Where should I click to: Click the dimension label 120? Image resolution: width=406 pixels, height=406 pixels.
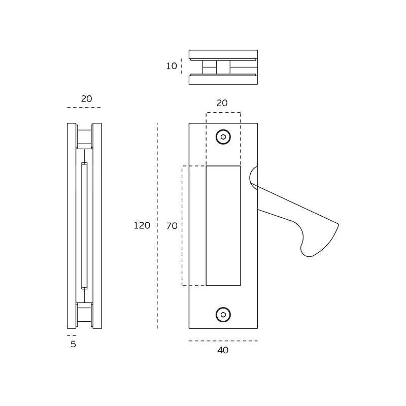(142, 225)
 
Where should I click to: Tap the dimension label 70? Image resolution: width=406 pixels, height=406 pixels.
(172, 226)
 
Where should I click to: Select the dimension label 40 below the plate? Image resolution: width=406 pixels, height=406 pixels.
(223, 350)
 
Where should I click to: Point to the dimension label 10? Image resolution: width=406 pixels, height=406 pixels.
(172, 66)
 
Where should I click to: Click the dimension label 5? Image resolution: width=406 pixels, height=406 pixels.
(73, 344)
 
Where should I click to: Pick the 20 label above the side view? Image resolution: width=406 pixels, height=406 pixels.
(86, 98)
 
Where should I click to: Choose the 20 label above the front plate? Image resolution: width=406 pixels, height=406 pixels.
(222, 103)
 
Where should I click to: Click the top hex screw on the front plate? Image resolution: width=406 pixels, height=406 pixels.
(223, 137)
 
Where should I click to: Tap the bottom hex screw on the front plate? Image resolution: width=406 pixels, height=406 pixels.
(223, 315)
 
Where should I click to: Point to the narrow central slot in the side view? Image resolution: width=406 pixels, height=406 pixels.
(84, 225)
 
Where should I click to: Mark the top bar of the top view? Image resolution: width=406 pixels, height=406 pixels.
(223, 54)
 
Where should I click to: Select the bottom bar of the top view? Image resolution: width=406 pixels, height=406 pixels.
(223, 80)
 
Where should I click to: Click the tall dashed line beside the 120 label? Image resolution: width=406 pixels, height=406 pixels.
(157, 226)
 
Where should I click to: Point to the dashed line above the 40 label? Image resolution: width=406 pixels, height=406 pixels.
(223, 341)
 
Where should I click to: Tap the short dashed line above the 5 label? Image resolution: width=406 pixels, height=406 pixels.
(72, 335)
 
